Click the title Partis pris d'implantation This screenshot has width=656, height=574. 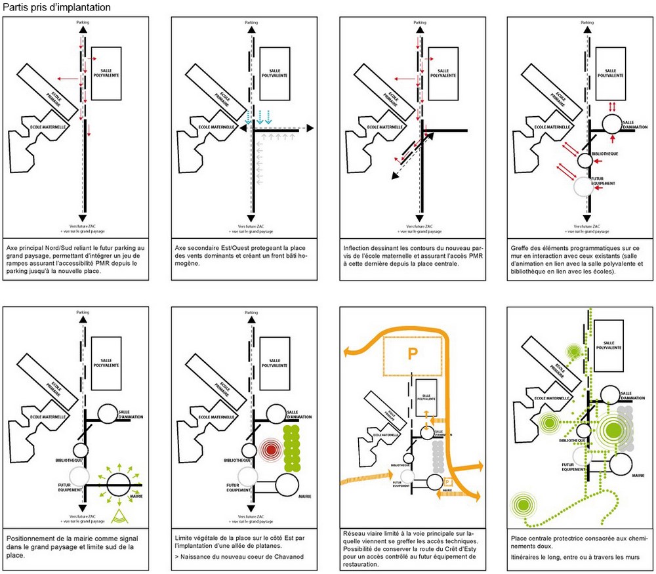tap(55, 7)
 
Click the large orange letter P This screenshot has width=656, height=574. tap(412, 355)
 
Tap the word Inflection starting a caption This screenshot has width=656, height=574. tap(359, 248)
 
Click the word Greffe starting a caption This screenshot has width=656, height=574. tap(522, 248)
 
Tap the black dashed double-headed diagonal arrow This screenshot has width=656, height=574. tap(412, 156)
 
